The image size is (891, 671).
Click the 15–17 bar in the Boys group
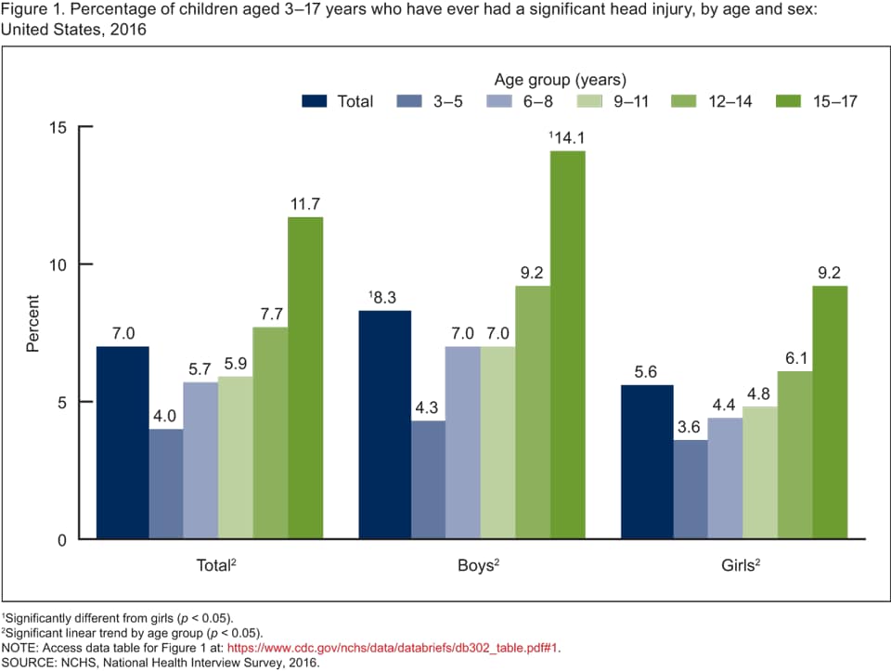pyautogui.click(x=567, y=343)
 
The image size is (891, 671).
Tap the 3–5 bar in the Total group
pyautogui.click(x=166, y=483)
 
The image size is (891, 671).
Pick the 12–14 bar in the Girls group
pyautogui.click(x=795, y=454)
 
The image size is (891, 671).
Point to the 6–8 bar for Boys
pyautogui.click(x=462, y=442)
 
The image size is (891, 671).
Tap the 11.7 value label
pyautogui.click(x=305, y=204)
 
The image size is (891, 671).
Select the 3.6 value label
pyautogui.click(x=691, y=427)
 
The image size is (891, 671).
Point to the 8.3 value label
pyautogui.click(x=383, y=298)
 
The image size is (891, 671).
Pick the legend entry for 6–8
pyautogui.click(x=520, y=101)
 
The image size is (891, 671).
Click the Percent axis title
pyautogui.click(x=32, y=323)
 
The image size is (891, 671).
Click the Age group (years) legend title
pyautogui.click(x=560, y=79)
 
